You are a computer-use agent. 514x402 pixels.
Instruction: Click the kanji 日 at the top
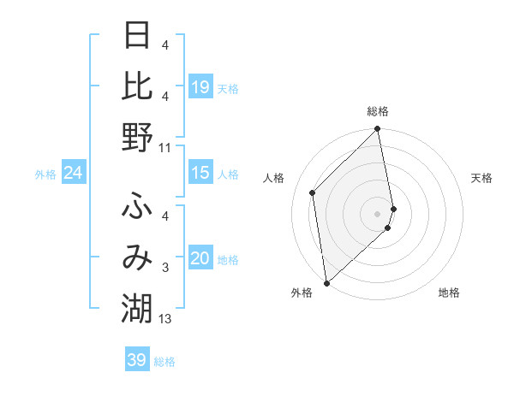tap(137, 37)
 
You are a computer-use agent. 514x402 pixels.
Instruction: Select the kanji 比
tap(137, 86)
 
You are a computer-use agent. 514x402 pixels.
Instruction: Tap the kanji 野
tap(137, 137)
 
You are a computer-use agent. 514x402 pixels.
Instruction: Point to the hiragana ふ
tap(137, 205)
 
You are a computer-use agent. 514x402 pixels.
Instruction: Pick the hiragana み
tap(137, 257)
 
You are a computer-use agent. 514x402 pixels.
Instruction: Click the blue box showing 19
tap(200, 87)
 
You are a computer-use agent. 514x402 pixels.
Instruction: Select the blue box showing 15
tap(200, 173)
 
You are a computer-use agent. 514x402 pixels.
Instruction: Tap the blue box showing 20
tap(200, 258)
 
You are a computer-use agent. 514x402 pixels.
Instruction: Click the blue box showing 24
tap(73, 174)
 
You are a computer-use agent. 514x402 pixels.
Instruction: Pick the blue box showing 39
tap(137, 360)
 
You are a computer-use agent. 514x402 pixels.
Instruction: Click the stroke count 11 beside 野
tap(165, 148)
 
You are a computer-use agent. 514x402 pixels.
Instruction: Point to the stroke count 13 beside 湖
tap(165, 320)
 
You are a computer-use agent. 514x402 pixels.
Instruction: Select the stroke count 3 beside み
tap(165, 269)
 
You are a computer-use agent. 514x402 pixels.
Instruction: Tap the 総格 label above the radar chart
tap(378, 111)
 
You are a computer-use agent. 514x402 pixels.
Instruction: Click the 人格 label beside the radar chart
tap(274, 178)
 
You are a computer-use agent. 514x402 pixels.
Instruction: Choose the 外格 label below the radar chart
tap(302, 293)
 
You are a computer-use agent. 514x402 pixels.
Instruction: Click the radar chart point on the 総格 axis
tap(378, 130)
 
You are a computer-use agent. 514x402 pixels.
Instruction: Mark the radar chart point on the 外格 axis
tap(326, 282)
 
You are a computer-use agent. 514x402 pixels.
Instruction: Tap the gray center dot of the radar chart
tap(378, 213)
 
